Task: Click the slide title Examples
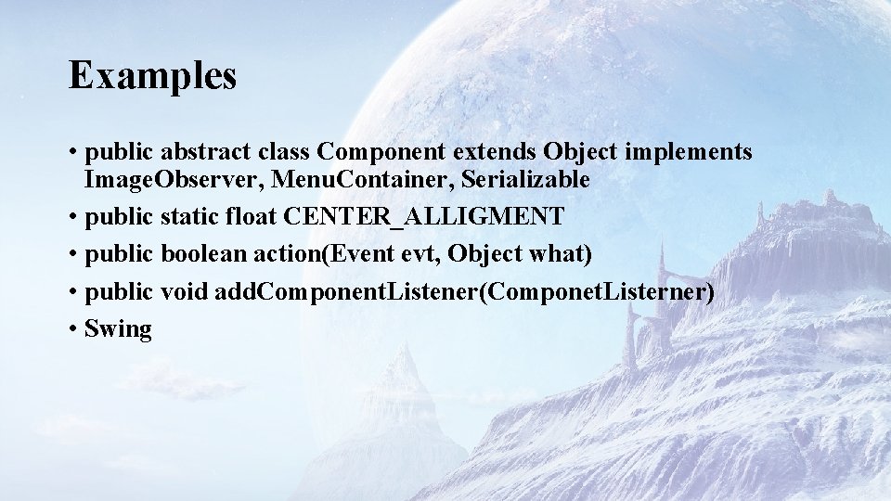tap(152, 76)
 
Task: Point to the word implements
tap(694, 152)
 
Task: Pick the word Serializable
tap(525, 179)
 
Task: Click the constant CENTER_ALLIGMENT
tap(423, 217)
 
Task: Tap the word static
tap(189, 217)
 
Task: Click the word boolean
tap(204, 254)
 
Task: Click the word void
tap(184, 291)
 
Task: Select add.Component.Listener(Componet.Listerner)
tap(464, 292)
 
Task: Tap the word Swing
tap(118, 329)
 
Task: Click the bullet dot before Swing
tap(72, 329)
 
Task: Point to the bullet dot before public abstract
tap(72, 152)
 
